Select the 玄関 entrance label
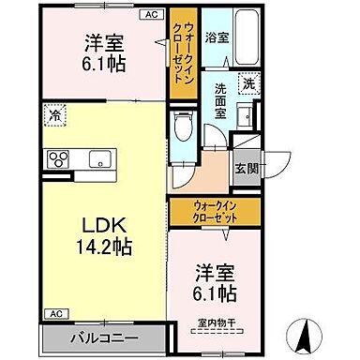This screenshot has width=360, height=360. tap(247, 169)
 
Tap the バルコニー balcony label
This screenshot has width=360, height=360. tap(103, 337)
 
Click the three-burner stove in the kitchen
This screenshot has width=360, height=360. tap(57, 157)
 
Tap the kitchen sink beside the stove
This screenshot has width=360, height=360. tap(98, 158)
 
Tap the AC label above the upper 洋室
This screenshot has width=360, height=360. tap(151, 16)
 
